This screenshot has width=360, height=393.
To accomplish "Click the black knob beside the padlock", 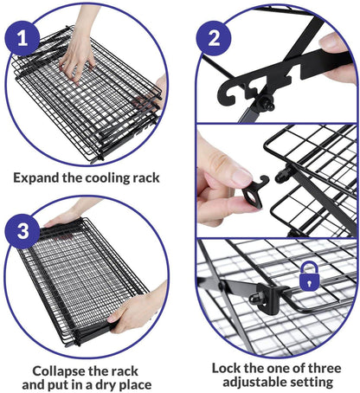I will coord(257,299).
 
